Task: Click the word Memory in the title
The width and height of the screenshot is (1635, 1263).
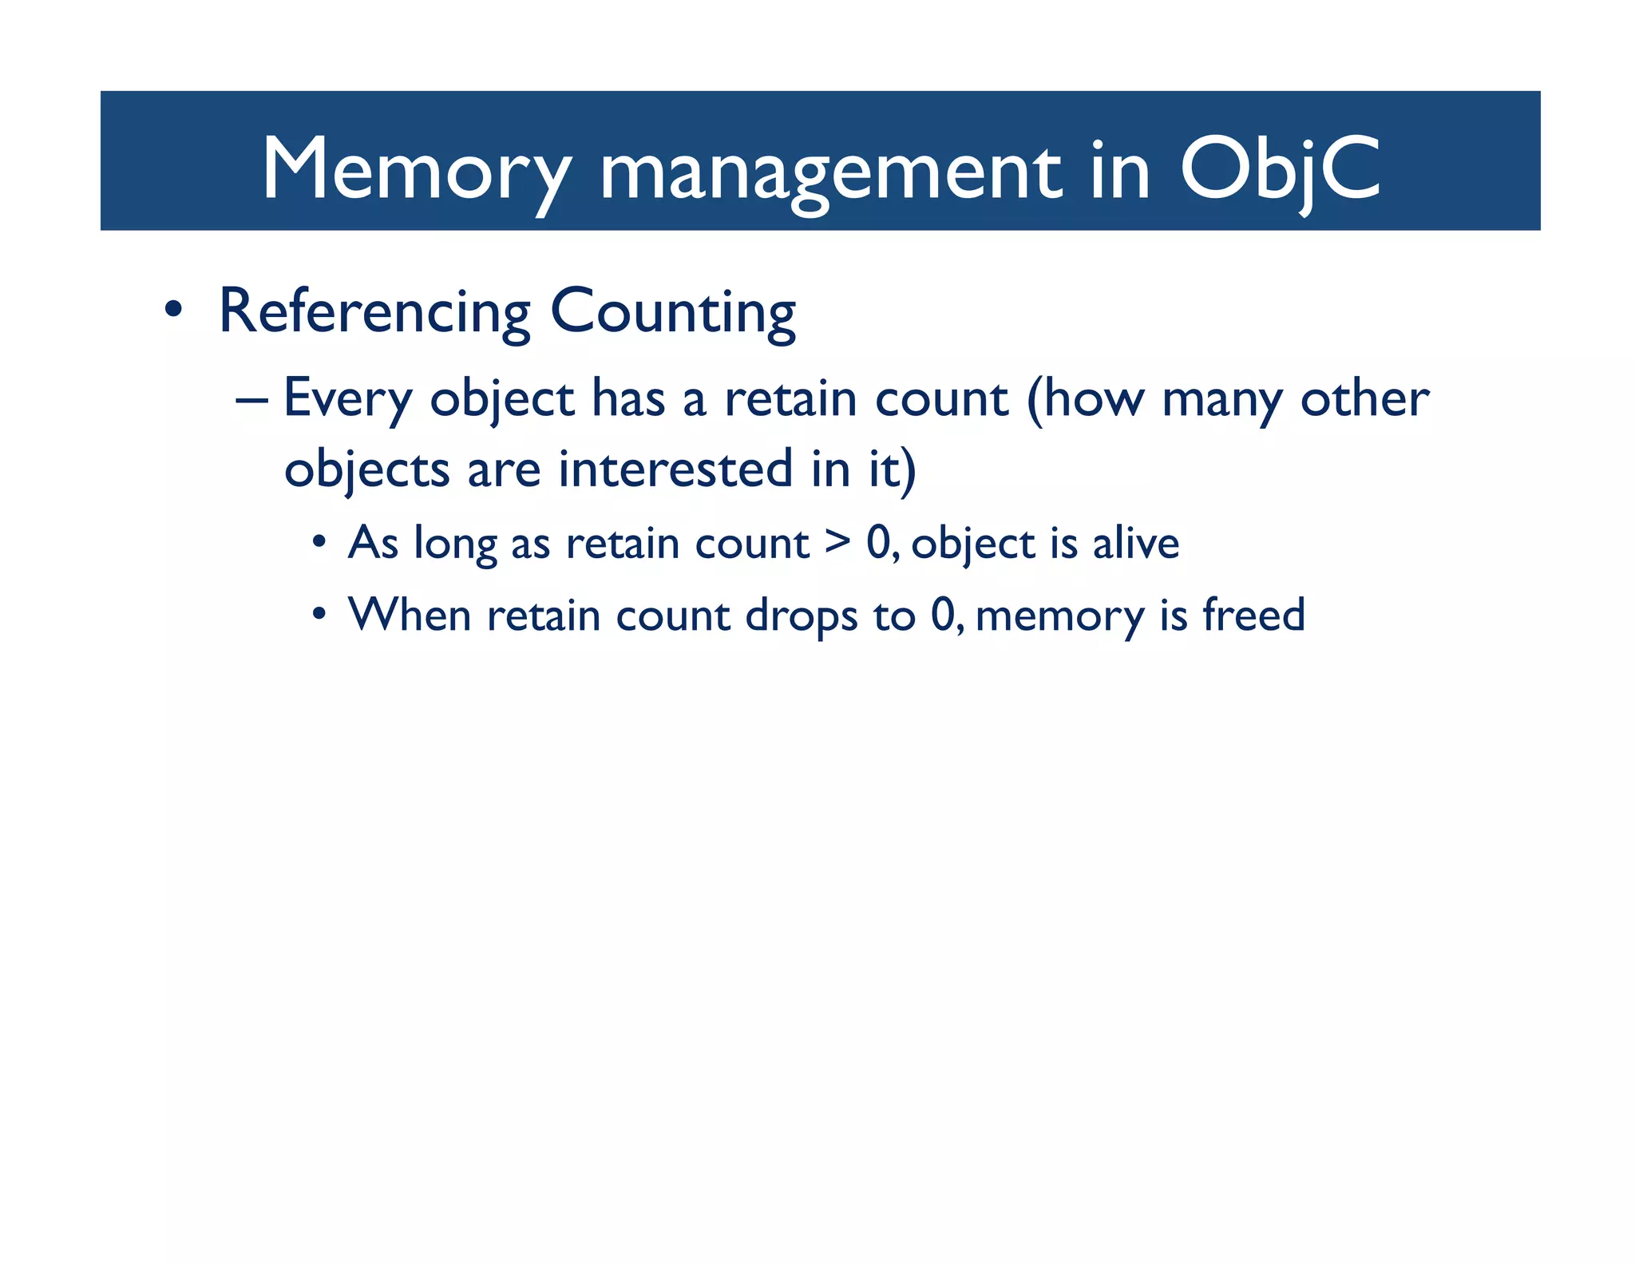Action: pos(416,169)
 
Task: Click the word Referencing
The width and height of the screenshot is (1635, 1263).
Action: pos(374,312)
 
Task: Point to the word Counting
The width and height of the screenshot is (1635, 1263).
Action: pos(673,312)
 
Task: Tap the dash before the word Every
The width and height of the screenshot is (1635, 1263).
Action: pos(251,400)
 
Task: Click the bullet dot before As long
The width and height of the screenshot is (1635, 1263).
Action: pos(319,542)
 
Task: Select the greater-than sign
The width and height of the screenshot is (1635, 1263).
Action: pos(837,541)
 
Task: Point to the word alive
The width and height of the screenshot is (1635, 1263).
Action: pos(1135,543)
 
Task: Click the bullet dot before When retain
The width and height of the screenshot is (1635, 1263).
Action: pos(319,615)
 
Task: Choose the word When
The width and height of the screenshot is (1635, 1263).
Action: pos(410,615)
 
